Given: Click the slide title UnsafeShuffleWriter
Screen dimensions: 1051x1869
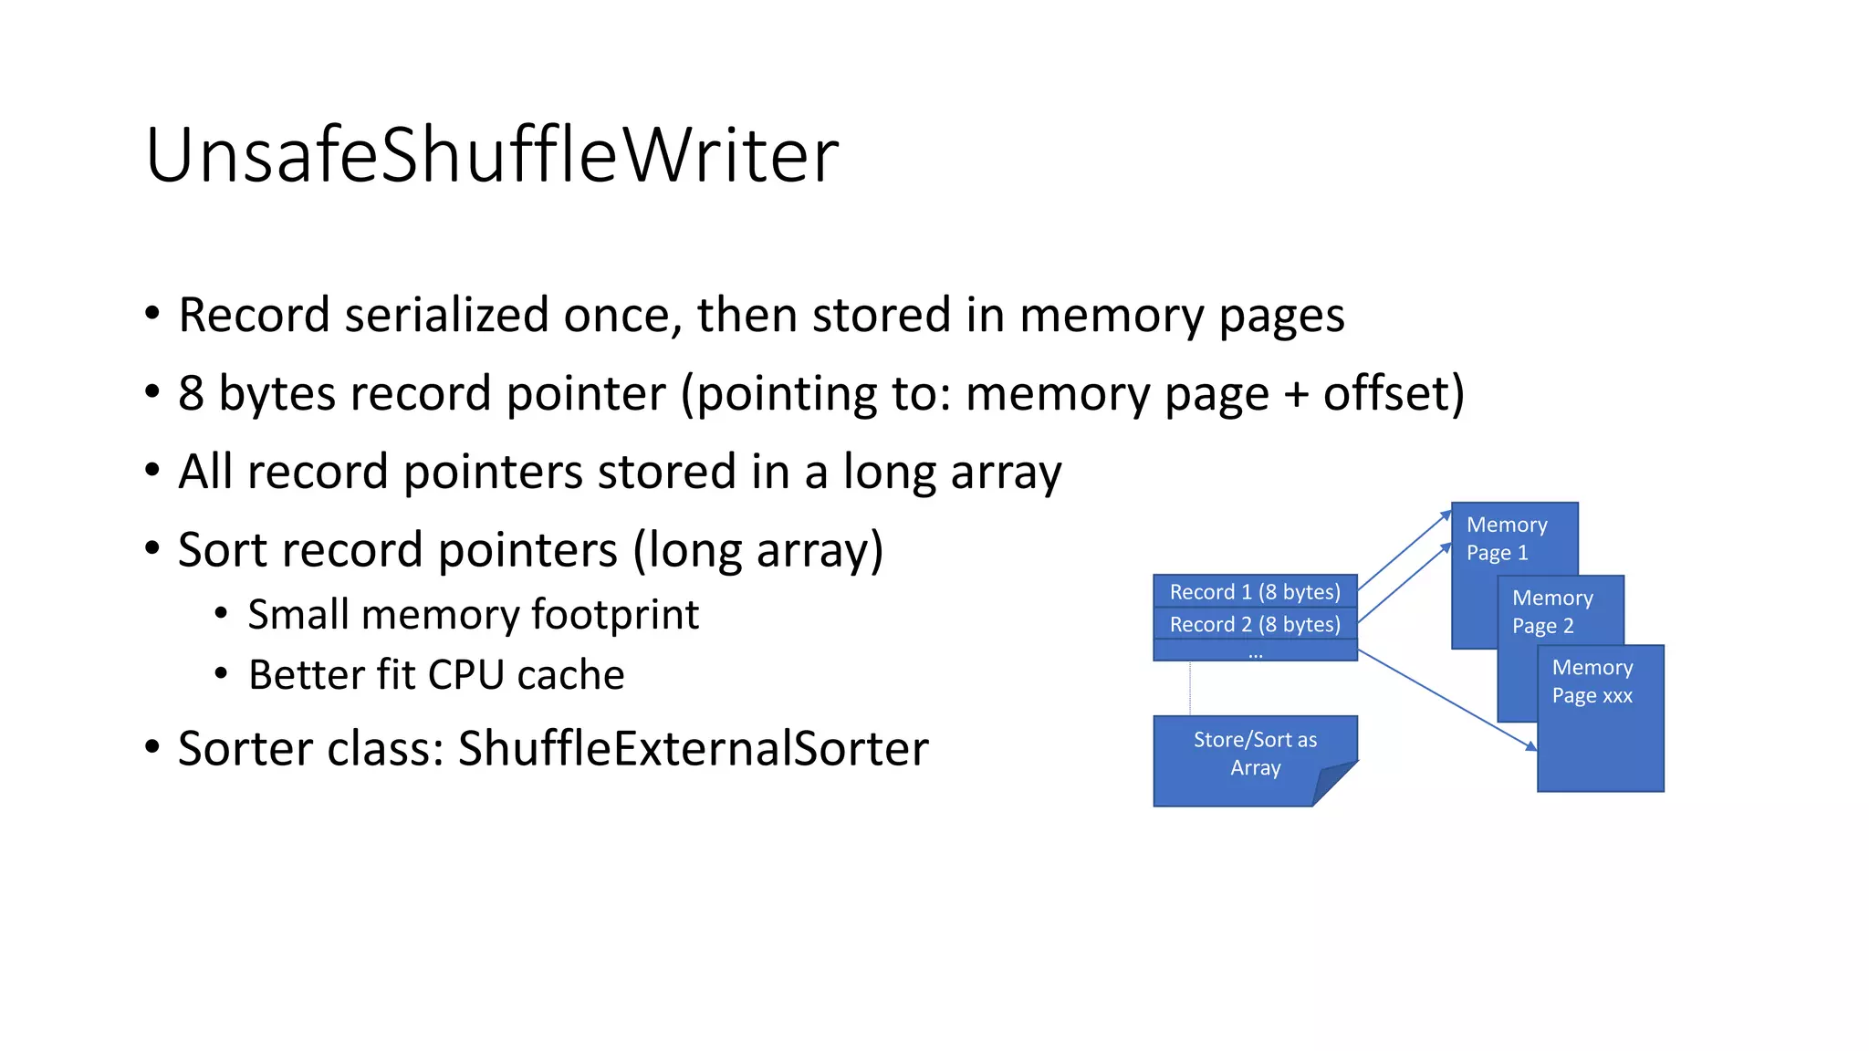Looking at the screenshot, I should [x=491, y=155].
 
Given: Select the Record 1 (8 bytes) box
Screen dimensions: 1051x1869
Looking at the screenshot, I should [x=1255, y=591].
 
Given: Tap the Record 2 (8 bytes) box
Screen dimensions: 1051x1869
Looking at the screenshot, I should [x=1255, y=624].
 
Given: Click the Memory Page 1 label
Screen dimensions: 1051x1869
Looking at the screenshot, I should [x=1506, y=538].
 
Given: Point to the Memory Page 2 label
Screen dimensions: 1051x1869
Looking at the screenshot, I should [x=1551, y=611].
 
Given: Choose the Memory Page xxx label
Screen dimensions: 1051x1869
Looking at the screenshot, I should [x=1592, y=682].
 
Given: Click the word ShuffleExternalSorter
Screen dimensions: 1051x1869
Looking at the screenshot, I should [x=693, y=749].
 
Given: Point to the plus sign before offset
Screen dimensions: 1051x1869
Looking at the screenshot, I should [x=1296, y=394].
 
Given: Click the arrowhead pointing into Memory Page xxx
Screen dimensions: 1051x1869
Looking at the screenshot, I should [x=1531, y=746].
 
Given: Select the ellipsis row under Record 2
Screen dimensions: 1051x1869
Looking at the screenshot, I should [x=1255, y=651].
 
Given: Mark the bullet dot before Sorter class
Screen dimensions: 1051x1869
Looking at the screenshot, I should [x=152, y=747].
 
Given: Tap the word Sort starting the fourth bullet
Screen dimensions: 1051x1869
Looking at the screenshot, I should [x=224, y=550].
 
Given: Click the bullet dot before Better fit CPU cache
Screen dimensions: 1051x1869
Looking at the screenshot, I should [x=221, y=675].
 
